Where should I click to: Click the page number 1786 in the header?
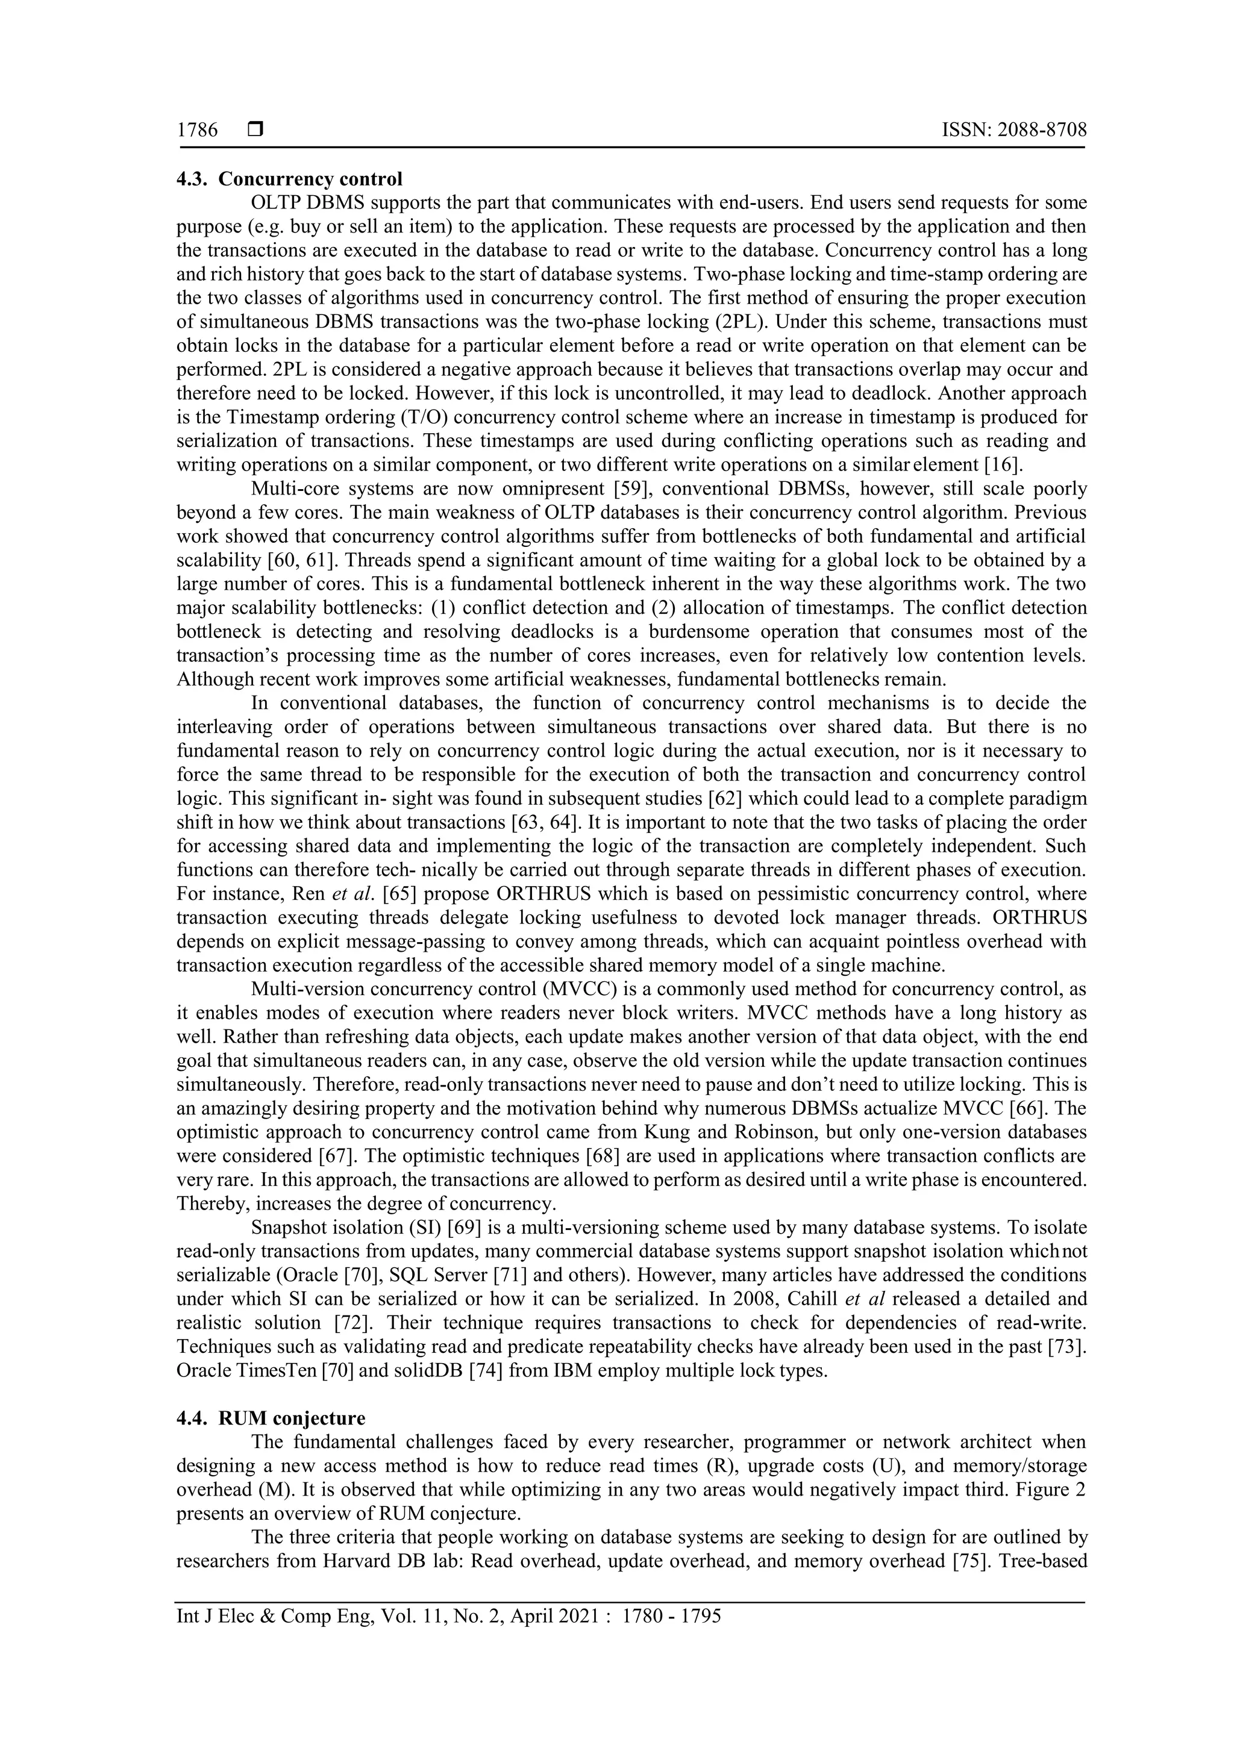point(197,130)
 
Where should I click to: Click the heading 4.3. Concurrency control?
point(289,179)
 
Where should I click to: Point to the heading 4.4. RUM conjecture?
point(271,1418)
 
